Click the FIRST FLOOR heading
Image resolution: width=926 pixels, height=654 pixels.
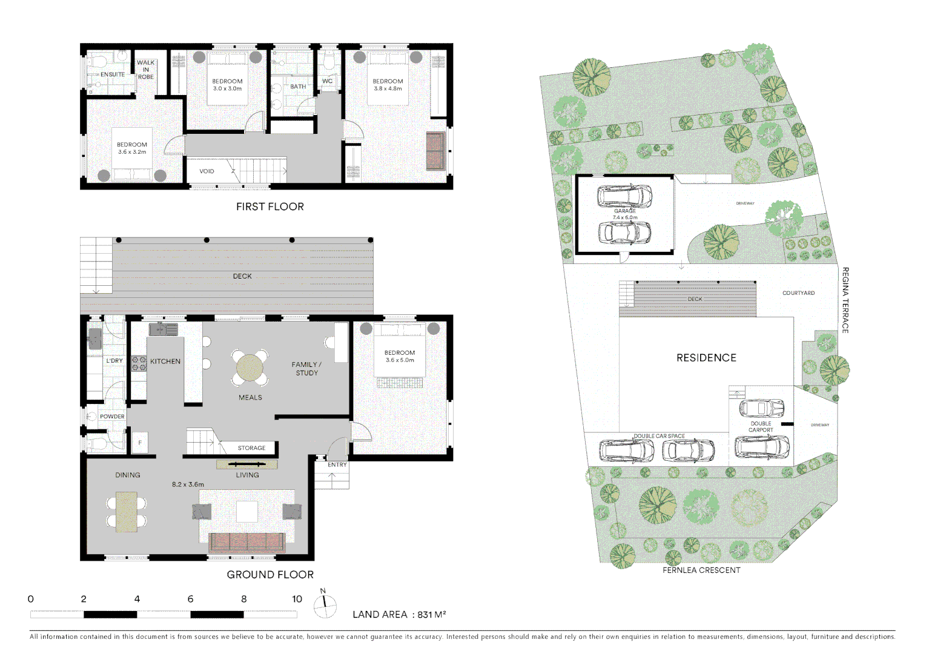[270, 206]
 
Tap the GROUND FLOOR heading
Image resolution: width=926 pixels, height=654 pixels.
[270, 575]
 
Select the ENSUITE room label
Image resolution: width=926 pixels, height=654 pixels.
[113, 74]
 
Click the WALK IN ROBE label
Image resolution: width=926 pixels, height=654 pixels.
[145, 70]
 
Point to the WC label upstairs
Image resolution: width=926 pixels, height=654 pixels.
[328, 81]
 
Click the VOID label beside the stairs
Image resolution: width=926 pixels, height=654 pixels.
[207, 171]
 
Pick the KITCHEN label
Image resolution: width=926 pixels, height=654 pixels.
[165, 362]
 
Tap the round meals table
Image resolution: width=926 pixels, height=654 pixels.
[250, 368]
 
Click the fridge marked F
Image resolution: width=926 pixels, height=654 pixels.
[140, 442]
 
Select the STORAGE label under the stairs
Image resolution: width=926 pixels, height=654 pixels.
[251, 448]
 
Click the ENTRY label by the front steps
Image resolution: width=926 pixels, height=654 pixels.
[337, 464]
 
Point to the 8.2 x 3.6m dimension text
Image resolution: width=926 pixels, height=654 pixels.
[188, 484]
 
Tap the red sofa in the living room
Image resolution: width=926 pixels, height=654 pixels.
[247, 543]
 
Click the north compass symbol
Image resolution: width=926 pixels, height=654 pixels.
[325, 606]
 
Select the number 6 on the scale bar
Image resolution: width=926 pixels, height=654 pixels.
[191, 599]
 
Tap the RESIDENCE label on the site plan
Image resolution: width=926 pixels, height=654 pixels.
[707, 358]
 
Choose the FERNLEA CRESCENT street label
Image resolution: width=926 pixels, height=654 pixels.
[701, 570]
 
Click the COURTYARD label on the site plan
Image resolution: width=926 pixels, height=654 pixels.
[799, 293]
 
